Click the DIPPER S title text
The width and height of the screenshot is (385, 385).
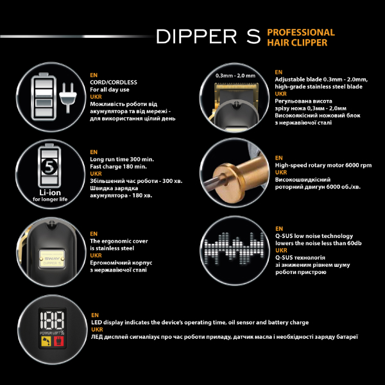click(208, 37)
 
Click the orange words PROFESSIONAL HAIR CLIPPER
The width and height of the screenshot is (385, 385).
click(301, 37)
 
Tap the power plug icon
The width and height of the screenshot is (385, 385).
click(68, 98)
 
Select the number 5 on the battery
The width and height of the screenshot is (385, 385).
click(49, 167)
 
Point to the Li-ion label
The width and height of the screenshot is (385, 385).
click(50, 193)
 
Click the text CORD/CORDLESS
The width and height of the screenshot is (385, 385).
click(114, 82)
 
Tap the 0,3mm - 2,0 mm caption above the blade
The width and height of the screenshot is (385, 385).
click(235, 76)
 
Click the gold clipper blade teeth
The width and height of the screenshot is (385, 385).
click(236, 87)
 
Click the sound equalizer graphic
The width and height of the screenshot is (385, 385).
click(234, 248)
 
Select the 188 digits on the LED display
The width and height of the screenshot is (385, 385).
click(53, 320)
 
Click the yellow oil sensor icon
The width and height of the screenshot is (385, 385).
click(46, 341)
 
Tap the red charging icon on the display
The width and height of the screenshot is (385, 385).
click(58, 341)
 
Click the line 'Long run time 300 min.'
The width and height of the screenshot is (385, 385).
click(122, 159)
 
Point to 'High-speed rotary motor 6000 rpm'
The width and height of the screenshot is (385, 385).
click(323, 166)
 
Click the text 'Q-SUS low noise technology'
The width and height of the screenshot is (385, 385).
click(314, 236)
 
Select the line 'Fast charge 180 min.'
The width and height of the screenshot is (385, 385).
click(118, 167)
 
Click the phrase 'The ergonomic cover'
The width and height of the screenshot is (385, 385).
click(119, 241)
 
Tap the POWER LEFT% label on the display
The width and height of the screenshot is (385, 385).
click(52, 333)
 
